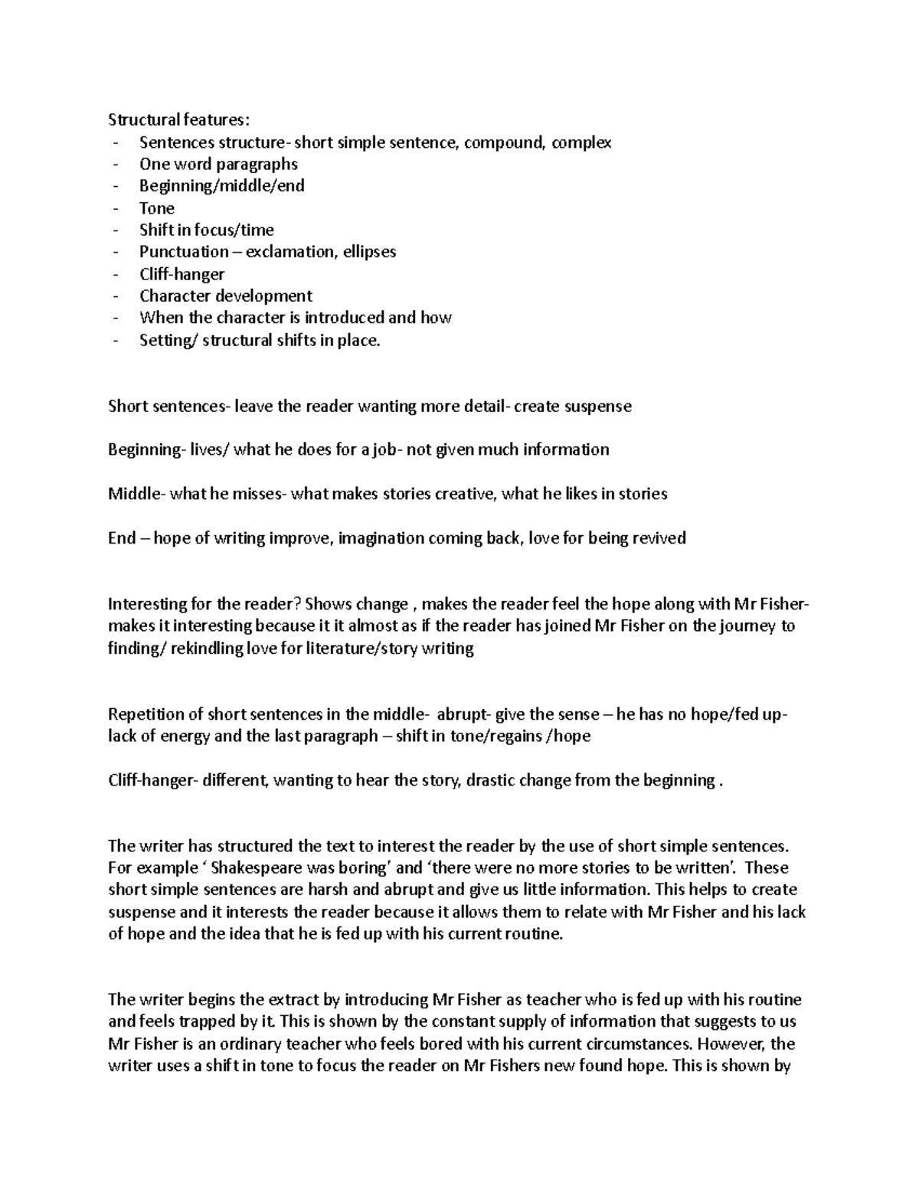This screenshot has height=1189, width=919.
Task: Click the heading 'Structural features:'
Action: (178, 119)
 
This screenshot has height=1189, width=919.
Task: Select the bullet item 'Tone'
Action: (156, 208)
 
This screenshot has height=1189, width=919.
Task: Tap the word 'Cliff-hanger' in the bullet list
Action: (182, 274)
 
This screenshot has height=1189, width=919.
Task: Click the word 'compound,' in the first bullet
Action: (503, 142)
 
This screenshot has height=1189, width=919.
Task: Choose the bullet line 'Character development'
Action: (225, 296)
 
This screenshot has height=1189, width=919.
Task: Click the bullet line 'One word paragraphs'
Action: (218, 165)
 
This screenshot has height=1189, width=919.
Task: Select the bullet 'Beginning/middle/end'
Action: (221, 186)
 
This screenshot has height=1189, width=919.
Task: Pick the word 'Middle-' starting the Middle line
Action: (136, 494)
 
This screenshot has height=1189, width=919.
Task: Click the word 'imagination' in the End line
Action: (381, 538)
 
